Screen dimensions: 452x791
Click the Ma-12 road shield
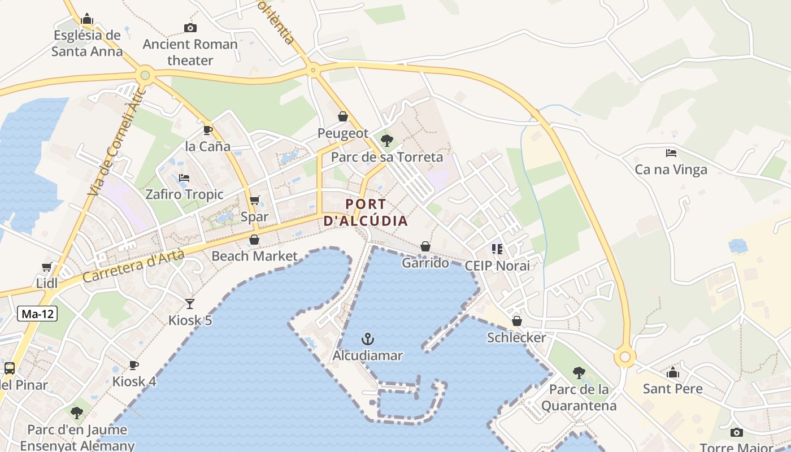point(38,314)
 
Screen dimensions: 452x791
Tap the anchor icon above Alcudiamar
point(368,339)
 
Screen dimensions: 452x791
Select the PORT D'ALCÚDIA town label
point(366,212)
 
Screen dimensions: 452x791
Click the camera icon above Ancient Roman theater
point(190,28)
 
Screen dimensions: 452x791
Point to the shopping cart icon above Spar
point(255,201)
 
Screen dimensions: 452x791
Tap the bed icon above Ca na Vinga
point(671,153)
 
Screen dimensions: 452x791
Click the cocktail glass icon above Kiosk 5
point(190,304)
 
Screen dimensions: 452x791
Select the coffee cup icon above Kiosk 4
point(134,365)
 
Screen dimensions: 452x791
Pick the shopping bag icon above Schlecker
point(516,321)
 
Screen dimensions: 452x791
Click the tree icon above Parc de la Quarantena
point(579,373)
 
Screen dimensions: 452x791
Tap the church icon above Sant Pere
point(672,372)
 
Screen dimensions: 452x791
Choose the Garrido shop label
point(425,263)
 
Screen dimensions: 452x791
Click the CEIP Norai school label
point(497,266)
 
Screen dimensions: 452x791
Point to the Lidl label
point(47,283)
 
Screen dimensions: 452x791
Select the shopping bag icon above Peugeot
point(342,116)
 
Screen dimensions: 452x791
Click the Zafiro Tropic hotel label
point(185,194)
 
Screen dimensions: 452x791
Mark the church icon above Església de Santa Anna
point(86,19)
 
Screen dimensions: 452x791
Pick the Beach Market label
point(254,256)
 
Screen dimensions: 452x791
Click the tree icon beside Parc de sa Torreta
point(387,141)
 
